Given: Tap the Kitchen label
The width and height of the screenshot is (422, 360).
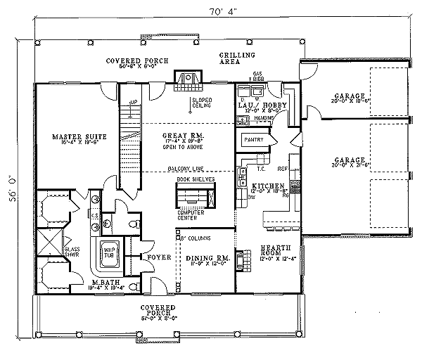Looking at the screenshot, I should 267,186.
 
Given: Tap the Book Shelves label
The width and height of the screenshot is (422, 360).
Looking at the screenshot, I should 196,179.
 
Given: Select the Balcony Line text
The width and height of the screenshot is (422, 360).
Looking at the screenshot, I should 188,169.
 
